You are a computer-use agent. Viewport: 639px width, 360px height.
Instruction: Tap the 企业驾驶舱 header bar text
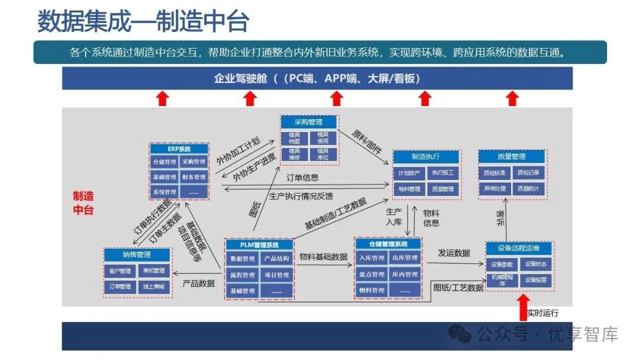click(x=317, y=79)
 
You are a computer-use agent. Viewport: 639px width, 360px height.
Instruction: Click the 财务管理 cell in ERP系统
click(x=193, y=177)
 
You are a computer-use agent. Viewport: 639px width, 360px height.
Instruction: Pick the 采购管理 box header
click(x=309, y=122)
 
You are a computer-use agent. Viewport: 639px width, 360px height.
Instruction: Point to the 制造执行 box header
click(x=426, y=157)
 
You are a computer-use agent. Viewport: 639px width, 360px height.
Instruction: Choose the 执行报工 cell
click(x=443, y=173)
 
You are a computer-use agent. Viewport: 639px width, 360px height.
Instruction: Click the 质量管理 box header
click(x=511, y=157)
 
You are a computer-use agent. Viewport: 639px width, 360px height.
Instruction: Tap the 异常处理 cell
click(x=495, y=189)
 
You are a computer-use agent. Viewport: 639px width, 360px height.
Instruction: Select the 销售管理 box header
click(x=137, y=255)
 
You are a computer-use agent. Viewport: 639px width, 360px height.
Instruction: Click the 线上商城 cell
click(x=154, y=287)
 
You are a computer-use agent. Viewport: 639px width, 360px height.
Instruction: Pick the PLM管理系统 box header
click(x=259, y=245)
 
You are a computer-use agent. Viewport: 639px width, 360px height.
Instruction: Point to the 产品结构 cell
click(x=276, y=259)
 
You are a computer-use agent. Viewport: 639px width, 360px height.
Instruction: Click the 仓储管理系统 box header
click(x=388, y=244)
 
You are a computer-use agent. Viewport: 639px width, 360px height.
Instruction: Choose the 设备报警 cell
click(x=536, y=279)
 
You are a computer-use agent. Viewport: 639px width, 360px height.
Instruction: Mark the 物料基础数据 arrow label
click(x=323, y=257)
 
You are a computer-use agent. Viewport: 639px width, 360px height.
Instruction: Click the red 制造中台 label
click(x=83, y=202)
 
